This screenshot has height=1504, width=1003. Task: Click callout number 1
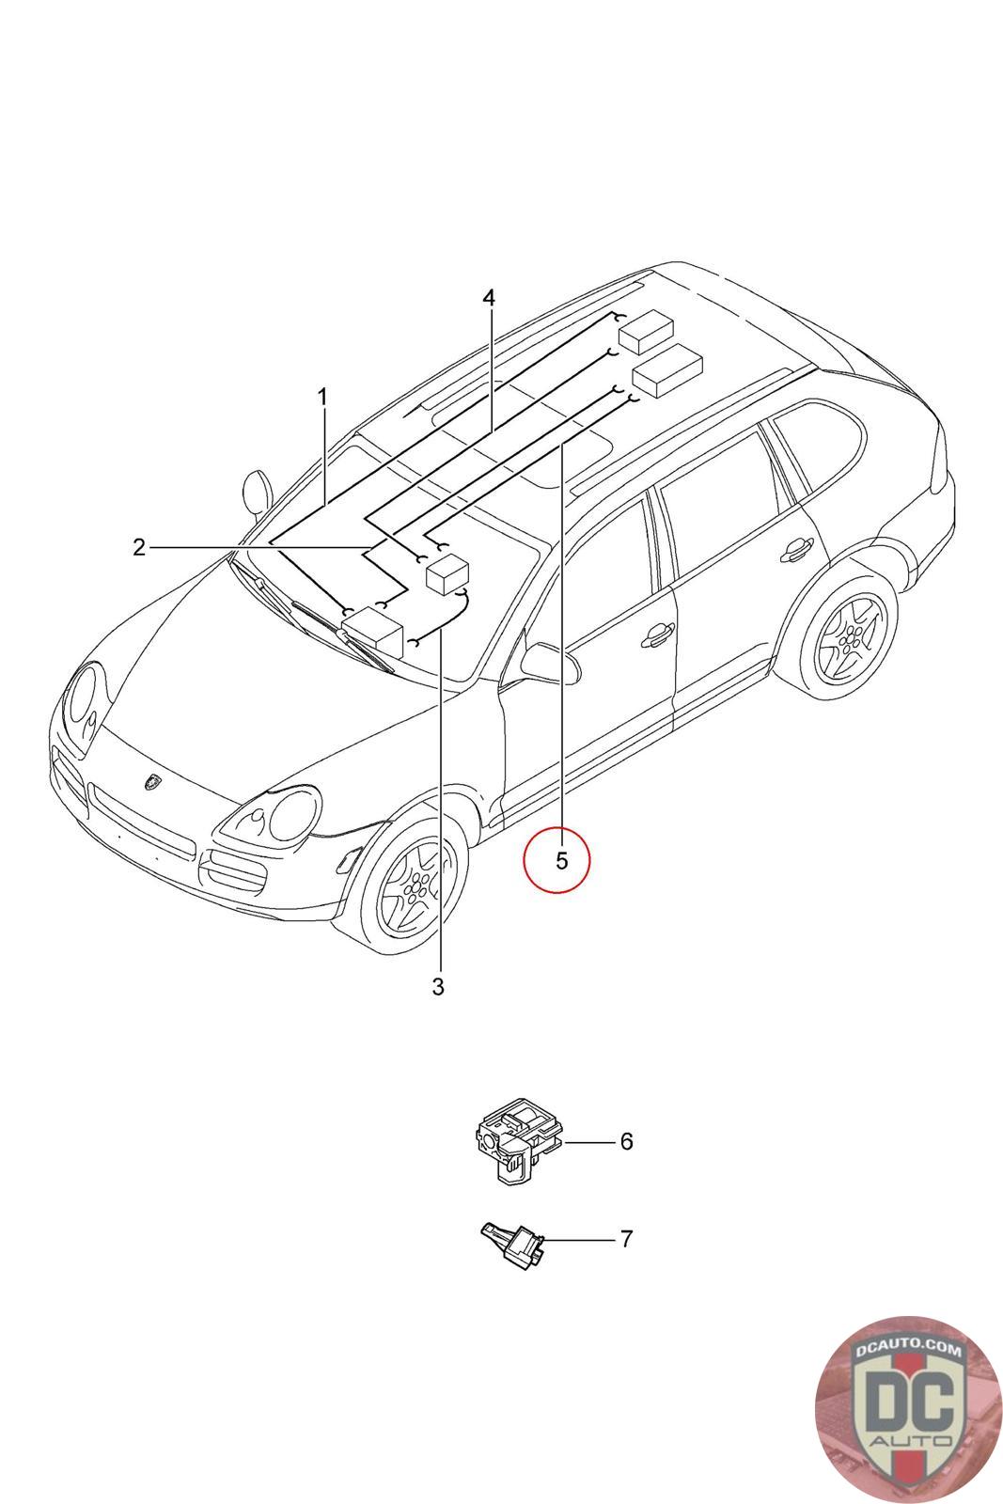[322, 398]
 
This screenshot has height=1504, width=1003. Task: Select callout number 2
[139, 547]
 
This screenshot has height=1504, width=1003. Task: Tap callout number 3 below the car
[437, 987]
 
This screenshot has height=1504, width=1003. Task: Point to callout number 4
[488, 298]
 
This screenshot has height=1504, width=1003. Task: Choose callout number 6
[626, 1141]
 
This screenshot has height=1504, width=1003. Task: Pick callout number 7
[626, 1239]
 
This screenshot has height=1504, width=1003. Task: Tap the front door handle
[657, 638]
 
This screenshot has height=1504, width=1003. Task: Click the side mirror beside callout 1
[255, 491]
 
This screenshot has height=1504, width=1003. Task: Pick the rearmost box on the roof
[647, 331]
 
